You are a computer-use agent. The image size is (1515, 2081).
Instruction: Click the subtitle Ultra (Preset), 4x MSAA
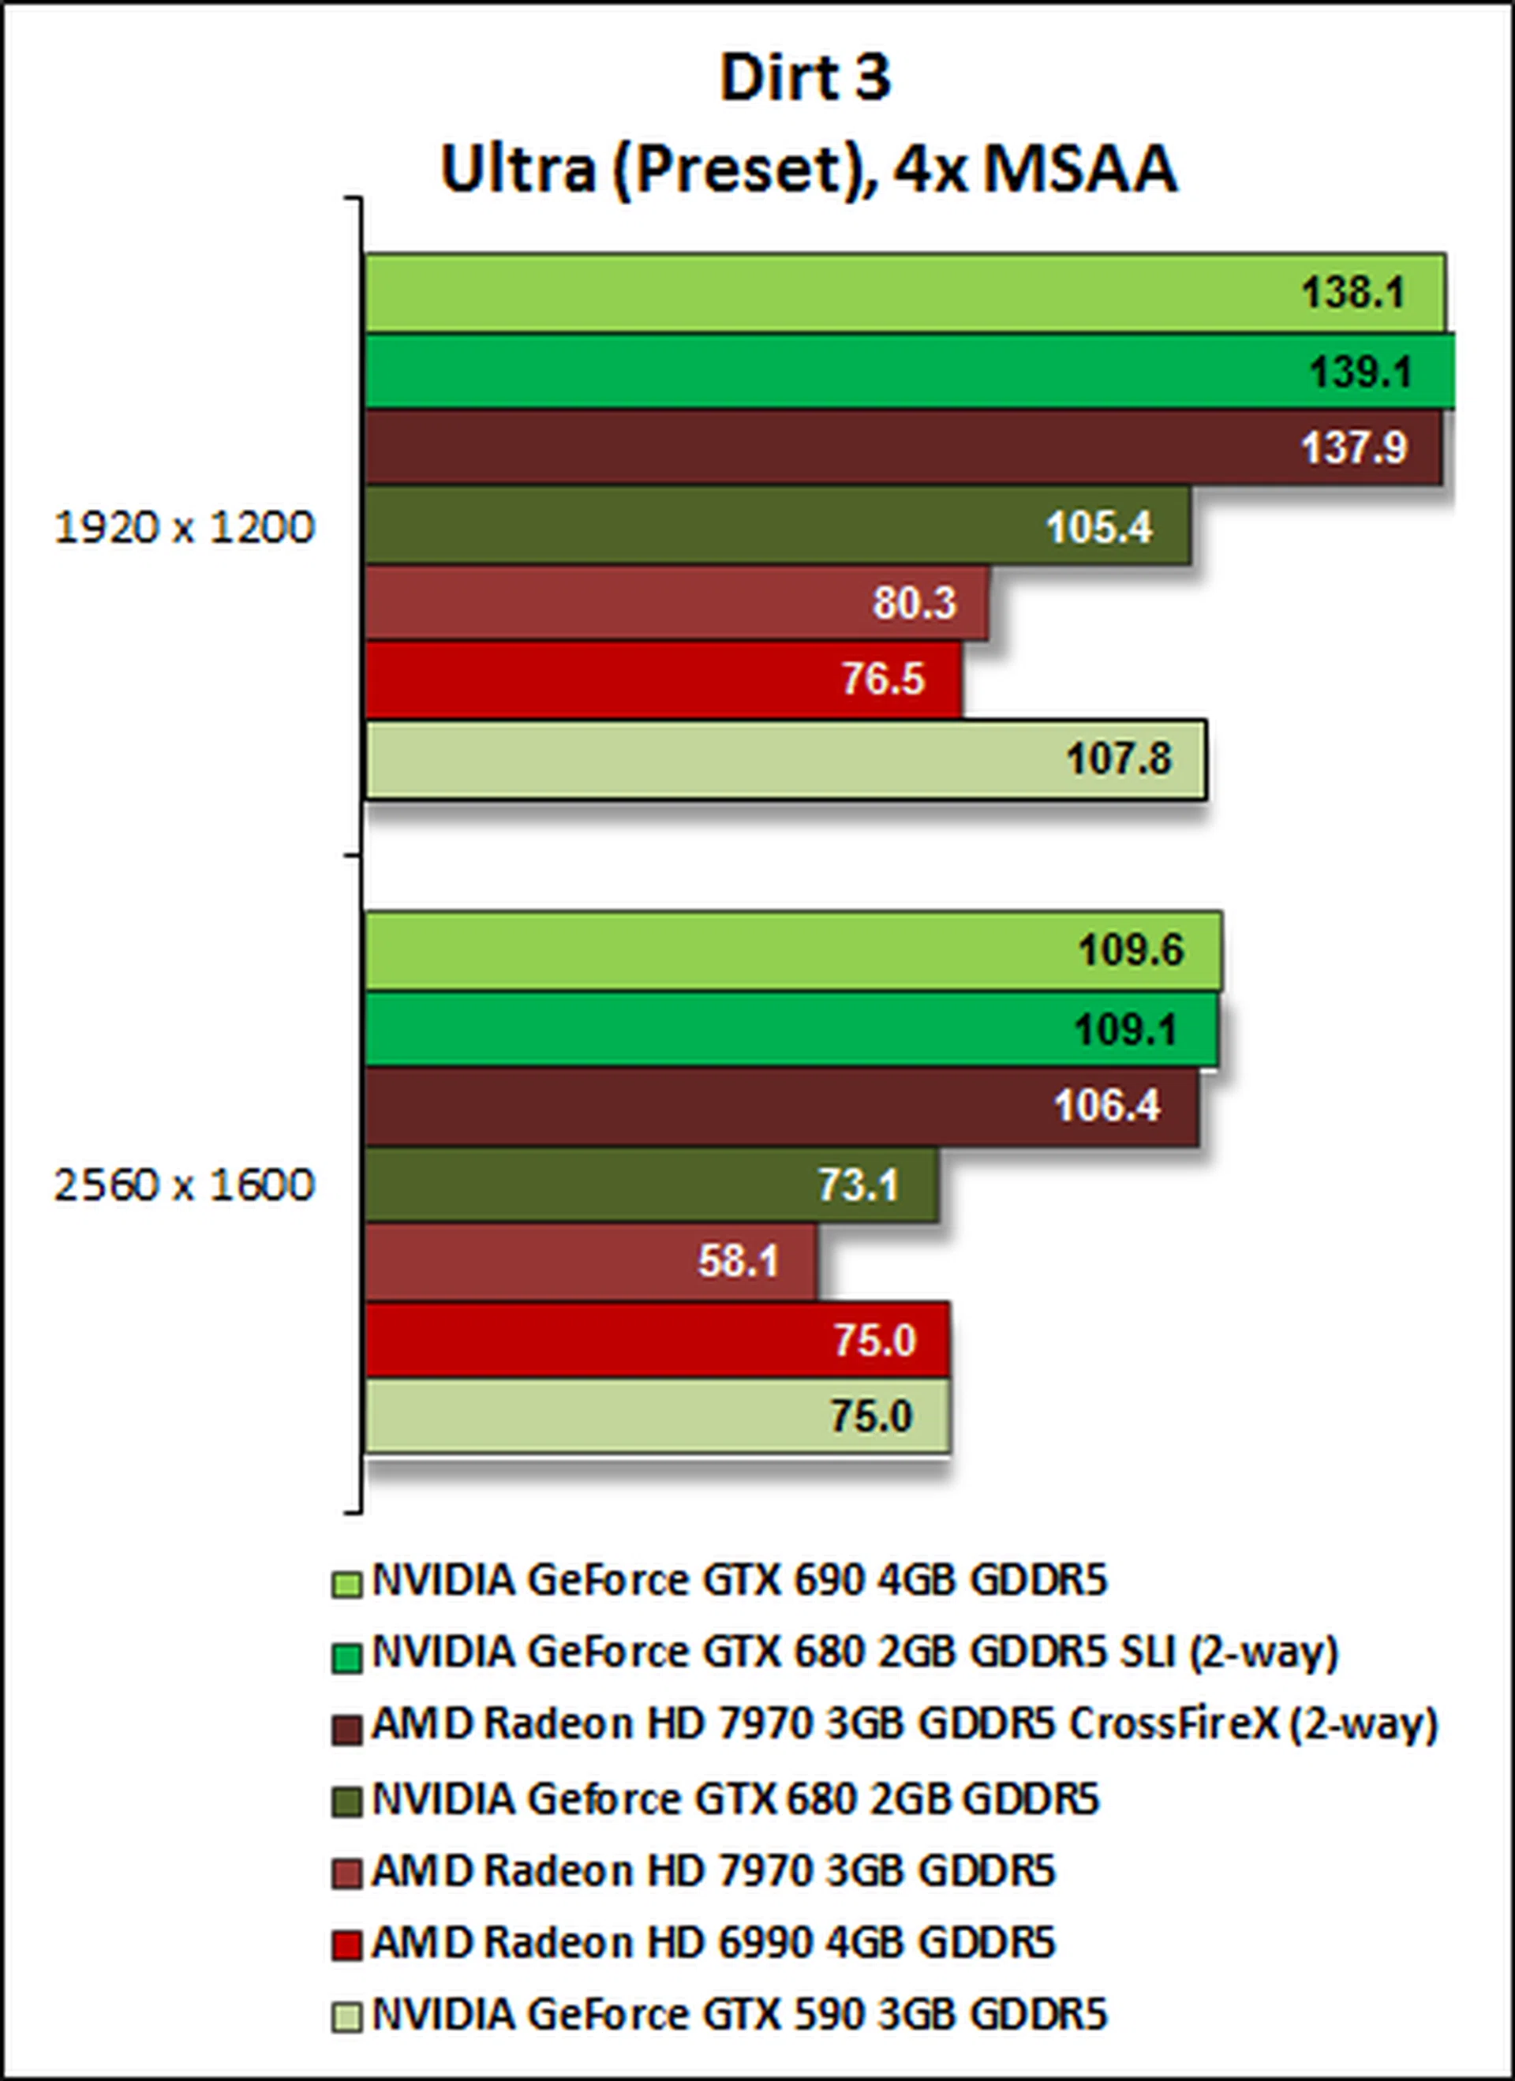pos(807,170)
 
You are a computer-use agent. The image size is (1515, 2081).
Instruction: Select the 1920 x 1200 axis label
pos(185,529)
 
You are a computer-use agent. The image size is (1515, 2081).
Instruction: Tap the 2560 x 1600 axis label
pos(185,1185)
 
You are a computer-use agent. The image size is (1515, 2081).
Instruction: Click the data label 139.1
pos(1359,372)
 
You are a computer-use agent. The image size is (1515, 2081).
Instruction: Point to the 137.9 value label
pos(1354,449)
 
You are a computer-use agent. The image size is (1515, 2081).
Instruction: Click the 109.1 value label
pos(1126,1030)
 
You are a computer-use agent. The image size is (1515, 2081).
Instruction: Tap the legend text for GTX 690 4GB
pos(739,1580)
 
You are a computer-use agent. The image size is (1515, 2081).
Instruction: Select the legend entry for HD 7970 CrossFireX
pos(903,1725)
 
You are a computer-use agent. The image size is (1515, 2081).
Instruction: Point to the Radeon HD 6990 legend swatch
pos(346,1946)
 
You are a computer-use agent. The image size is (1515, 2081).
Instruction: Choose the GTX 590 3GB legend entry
pos(739,2016)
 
